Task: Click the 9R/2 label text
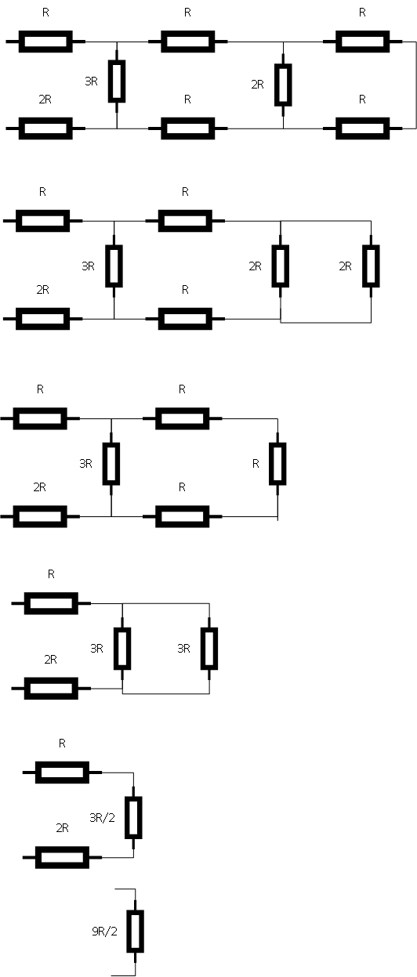tap(104, 932)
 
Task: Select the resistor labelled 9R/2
tap(136, 931)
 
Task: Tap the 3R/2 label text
tap(102, 817)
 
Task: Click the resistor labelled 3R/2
tap(133, 817)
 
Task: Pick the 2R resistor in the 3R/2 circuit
tap(63, 857)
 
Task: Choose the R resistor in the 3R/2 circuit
tap(63, 773)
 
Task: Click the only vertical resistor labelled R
tap(277, 464)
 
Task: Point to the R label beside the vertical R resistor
tap(256, 464)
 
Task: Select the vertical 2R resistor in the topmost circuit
tap(283, 85)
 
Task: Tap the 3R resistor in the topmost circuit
tap(117, 81)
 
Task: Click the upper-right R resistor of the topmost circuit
tap(362, 42)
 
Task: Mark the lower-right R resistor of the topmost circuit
tap(362, 128)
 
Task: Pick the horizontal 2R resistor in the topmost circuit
tap(45, 128)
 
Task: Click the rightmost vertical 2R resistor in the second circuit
tap(372, 266)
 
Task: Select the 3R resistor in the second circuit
tap(114, 266)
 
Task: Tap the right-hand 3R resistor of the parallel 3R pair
tap(209, 649)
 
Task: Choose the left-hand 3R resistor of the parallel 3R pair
tap(122, 649)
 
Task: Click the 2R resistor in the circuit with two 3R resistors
tap(51, 688)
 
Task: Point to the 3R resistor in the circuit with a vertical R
tap(111, 464)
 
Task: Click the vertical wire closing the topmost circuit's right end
tap(415, 85)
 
